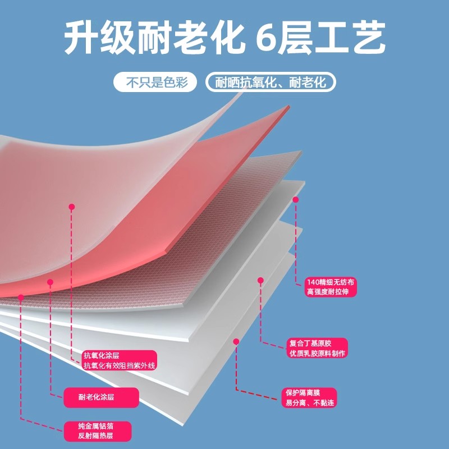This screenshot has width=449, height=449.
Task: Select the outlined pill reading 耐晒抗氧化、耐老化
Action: (x=271, y=83)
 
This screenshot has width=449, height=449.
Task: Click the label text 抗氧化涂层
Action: (x=102, y=355)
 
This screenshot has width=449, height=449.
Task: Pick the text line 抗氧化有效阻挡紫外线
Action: (x=119, y=365)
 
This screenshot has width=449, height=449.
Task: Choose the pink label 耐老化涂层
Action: (x=97, y=397)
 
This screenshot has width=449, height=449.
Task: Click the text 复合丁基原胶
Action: (x=310, y=343)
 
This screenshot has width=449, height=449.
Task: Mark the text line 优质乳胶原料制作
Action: (x=317, y=353)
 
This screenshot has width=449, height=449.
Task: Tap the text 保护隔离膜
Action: (x=304, y=393)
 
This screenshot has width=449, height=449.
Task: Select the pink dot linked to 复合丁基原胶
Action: (x=260, y=280)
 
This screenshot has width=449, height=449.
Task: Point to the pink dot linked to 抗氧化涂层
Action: (x=71, y=207)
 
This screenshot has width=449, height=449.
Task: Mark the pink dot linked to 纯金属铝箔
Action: (x=21, y=297)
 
